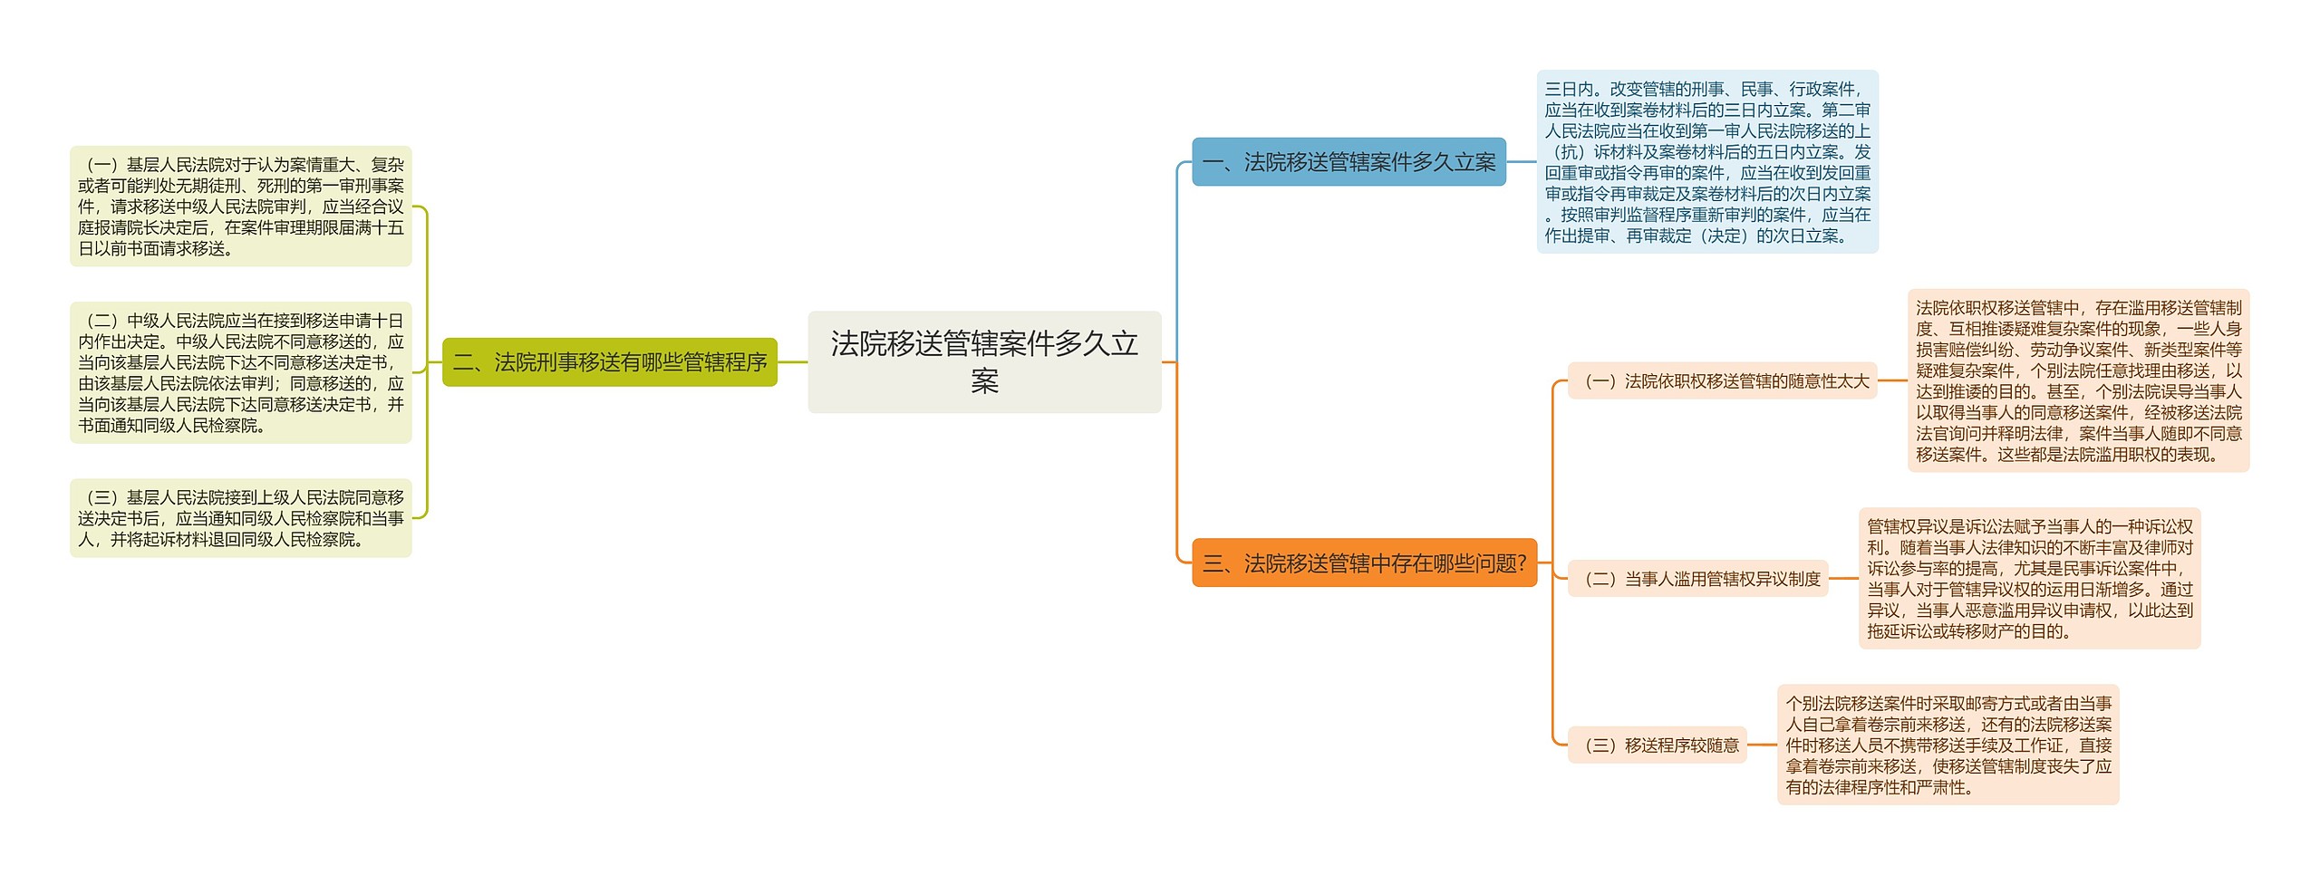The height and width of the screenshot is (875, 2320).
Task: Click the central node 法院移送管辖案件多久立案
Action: click(x=984, y=361)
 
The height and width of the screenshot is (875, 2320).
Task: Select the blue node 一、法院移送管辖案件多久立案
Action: click(x=1348, y=162)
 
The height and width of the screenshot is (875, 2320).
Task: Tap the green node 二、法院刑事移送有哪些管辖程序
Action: click(x=609, y=362)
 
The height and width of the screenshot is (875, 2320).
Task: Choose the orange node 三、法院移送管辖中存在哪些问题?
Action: click(x=1363, y=563)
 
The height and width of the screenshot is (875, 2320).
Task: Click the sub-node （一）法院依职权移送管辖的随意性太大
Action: click(x=1721, y=381)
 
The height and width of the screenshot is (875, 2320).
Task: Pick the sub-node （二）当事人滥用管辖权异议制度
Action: click(x=1697, y=579)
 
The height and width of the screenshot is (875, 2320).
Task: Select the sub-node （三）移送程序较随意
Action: click(x=1657, y=745)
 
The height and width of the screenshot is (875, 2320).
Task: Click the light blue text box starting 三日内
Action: click(x=1706, y=162)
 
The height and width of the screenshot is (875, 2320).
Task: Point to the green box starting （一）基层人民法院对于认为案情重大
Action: click(x=240, y=207)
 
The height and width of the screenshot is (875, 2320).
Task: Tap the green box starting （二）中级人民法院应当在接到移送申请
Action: click(x=240, y=372)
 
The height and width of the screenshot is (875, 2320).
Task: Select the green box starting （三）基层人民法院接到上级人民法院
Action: click(x=240, y=518)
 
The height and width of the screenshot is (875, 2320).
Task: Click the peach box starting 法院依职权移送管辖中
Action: click(x=2078, y=380)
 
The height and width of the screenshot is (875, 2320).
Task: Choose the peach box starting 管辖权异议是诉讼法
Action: click(x=2029, y=578)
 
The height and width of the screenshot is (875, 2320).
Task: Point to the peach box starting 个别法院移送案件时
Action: click(x=1948, y=745)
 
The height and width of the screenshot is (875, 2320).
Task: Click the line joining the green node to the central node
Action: click(x=792, y=362)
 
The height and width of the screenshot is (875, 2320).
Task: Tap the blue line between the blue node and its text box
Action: click(x=1521, y=162)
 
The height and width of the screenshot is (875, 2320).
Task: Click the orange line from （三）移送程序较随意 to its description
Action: click(x=1762, y=745)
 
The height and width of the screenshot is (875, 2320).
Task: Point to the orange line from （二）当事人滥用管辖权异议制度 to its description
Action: click(x=1843, y=579)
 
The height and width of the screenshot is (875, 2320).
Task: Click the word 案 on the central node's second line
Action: click(x=984, y=381)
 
